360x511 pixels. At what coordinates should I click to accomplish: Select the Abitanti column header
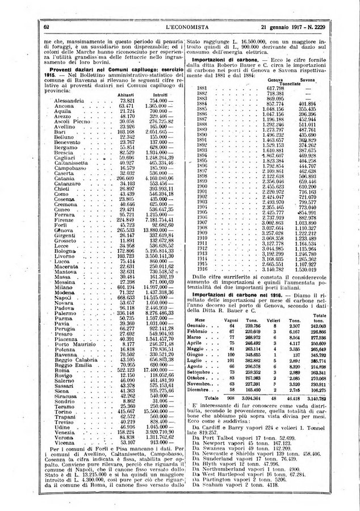(x=126, y=94)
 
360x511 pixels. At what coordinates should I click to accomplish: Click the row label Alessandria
(x=70, y=100)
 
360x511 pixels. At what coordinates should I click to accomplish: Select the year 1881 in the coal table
(x=201, y=87)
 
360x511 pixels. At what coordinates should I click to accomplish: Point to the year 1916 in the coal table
(x=201, y=264)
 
